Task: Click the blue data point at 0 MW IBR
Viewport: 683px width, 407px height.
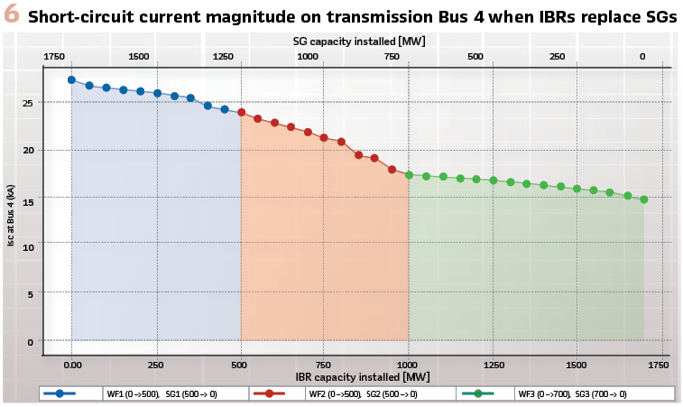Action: [x=72, y=80]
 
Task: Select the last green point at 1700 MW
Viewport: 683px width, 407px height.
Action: [x=644, y=199]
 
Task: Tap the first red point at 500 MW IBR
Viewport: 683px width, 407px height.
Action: [x=241, y=113]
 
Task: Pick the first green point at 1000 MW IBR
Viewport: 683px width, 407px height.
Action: [x=409, y=175]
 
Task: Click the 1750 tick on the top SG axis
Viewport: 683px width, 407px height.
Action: [x=55, y=56]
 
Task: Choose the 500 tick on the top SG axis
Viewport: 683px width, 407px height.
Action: [x=475, y=56]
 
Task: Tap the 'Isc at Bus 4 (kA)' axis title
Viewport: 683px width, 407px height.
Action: [x=12, y=216]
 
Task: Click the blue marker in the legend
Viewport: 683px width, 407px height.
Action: [x=60, y=393]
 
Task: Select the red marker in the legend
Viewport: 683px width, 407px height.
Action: [x=269, y=393]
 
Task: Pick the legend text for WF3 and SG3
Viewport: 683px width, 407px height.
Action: [x=572, y=394]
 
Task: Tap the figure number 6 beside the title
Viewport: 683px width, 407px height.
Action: [x=11, y=15]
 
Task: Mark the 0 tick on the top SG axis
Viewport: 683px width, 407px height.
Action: [x=642, y=56]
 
